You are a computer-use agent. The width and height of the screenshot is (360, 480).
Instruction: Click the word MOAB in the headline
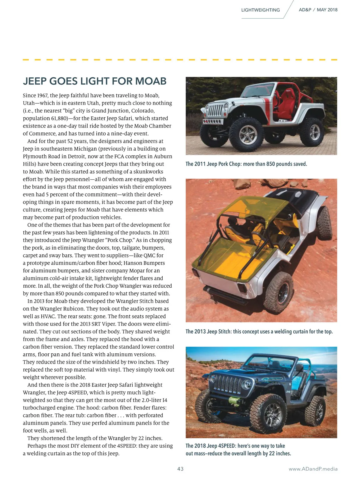[x=151, y=81]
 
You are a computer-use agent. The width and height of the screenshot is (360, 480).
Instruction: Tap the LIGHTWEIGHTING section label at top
[x=260, y=10]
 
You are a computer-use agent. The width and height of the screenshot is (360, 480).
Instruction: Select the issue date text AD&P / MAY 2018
[x=318, y=10]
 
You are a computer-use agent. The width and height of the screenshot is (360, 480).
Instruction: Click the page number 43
[x=180, y=469]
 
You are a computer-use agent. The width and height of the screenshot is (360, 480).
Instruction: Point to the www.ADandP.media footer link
[x=313, y=469]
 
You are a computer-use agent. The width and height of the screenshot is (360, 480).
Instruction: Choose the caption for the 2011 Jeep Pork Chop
[x=246, y=164]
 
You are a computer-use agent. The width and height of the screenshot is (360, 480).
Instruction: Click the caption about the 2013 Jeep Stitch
[x=259, y=331]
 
